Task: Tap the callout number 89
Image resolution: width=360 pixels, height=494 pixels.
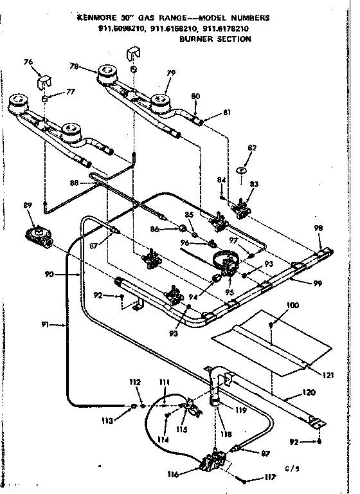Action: tap(26, 206)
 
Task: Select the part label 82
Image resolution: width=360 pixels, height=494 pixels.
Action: tap(252, 148)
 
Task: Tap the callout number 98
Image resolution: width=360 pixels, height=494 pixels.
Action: tap(319, 228)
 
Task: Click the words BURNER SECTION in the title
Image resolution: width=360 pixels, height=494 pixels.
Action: tap(215, 39)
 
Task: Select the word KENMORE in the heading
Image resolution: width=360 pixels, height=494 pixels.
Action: tap(96, 19)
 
